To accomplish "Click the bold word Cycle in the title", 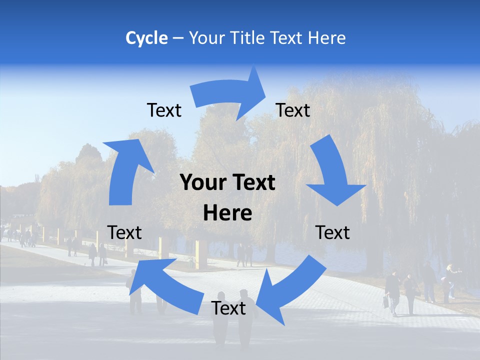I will [146, 38].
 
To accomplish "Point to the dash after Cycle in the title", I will [178, 38].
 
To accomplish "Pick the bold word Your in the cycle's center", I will [200, 183].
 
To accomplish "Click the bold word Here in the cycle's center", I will [227, 213].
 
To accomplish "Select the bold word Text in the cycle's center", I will [252, 183].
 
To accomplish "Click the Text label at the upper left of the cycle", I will [164, 110].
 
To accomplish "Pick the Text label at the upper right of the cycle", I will [293, 110].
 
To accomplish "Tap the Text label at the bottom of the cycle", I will [228, 308].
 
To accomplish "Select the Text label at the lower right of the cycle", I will [333, 232].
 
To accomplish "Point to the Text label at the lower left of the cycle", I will [124, 232].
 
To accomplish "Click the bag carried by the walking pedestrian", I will [386, 301].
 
